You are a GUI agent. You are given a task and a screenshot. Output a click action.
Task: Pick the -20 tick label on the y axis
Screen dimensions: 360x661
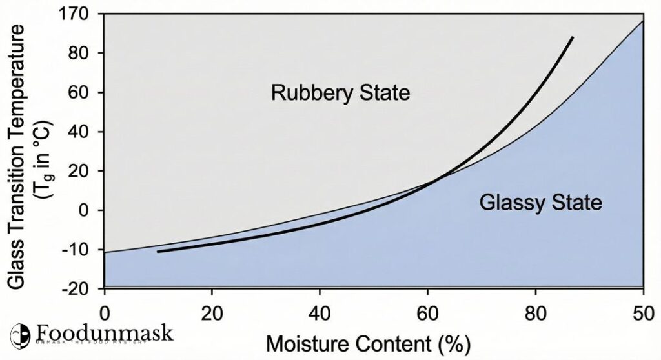pos(80,290)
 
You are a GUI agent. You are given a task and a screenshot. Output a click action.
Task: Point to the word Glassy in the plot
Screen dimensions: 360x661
pos(511,203)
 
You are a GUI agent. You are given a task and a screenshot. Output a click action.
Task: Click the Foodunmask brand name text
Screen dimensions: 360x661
pos(105,333)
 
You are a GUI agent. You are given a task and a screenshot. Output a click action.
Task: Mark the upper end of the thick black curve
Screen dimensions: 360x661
pos(572,38)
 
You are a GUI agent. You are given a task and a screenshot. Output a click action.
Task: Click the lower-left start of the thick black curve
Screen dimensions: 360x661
pos(158,251)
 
